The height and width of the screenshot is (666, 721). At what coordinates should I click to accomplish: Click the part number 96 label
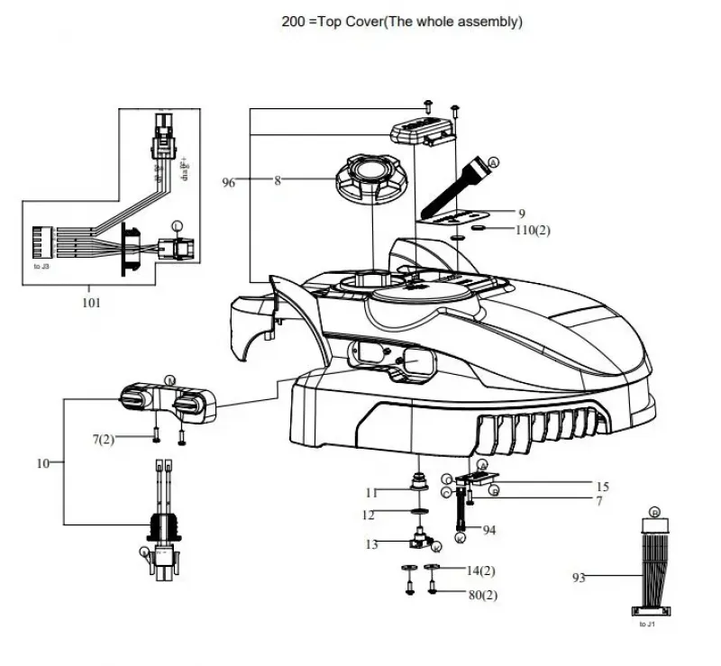click(229, 182)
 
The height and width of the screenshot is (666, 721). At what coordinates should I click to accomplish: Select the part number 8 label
click(278, 181)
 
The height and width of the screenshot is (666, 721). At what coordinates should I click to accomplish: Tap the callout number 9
click(522, 213)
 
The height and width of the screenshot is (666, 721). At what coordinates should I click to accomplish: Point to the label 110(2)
click(534, 230)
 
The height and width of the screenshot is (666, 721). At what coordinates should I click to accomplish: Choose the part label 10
click(42, 463)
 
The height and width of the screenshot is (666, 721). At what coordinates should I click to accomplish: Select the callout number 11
click(371, 492)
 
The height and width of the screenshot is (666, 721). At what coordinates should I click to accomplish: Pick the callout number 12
click(370, 515)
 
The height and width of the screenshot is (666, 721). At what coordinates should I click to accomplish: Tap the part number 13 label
click(371, 544)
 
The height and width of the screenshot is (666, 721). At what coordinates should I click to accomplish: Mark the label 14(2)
click(480, 570)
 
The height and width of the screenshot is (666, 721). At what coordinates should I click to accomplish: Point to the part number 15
click(602, 486)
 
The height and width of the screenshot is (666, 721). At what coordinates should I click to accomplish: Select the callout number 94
click(489, 530)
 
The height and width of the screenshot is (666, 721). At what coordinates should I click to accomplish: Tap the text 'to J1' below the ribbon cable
click(648, 624)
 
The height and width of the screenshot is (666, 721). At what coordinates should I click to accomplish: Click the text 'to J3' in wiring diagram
click(42, 268)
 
